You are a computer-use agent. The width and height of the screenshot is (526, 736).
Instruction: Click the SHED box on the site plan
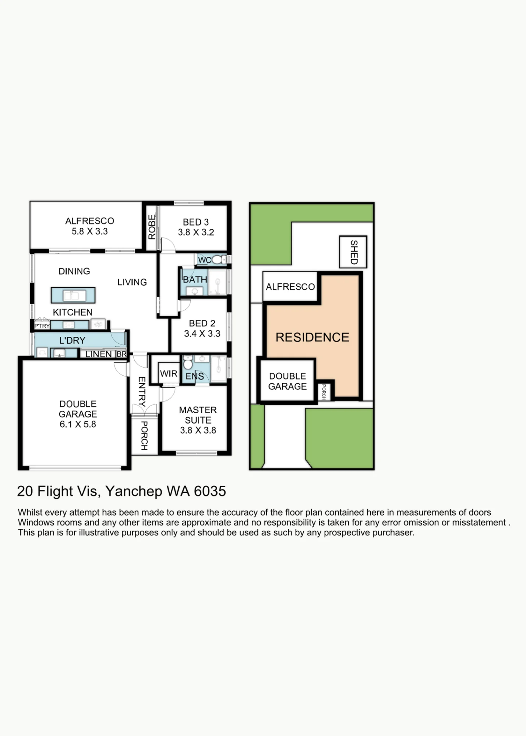[353, 252]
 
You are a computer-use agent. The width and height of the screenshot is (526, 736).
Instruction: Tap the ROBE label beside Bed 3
[152, 227]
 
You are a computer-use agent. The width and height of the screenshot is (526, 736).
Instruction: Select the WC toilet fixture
[217, 260]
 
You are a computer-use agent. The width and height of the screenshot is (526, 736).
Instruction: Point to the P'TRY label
[42, 326]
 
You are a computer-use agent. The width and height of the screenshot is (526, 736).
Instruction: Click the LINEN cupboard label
[98, 354]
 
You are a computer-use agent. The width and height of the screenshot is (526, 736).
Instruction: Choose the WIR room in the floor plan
[169, 374]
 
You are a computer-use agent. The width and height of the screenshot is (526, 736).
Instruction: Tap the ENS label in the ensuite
[195, 376]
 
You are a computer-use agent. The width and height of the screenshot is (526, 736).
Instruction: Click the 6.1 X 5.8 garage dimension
[78, 424]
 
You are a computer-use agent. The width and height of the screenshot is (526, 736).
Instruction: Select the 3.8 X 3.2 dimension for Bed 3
[196, 232]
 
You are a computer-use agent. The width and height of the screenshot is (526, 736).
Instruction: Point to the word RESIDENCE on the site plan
[312, 337]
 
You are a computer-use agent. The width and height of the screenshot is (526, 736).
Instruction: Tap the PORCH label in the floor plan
[144, 436]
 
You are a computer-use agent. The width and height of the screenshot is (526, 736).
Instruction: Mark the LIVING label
[132, 282]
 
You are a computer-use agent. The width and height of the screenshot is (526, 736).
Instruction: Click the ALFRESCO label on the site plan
[290, 287]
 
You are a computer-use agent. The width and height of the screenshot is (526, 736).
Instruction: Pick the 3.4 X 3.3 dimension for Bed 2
[202, 333]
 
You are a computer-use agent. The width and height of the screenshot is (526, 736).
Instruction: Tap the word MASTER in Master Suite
[198, 410]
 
